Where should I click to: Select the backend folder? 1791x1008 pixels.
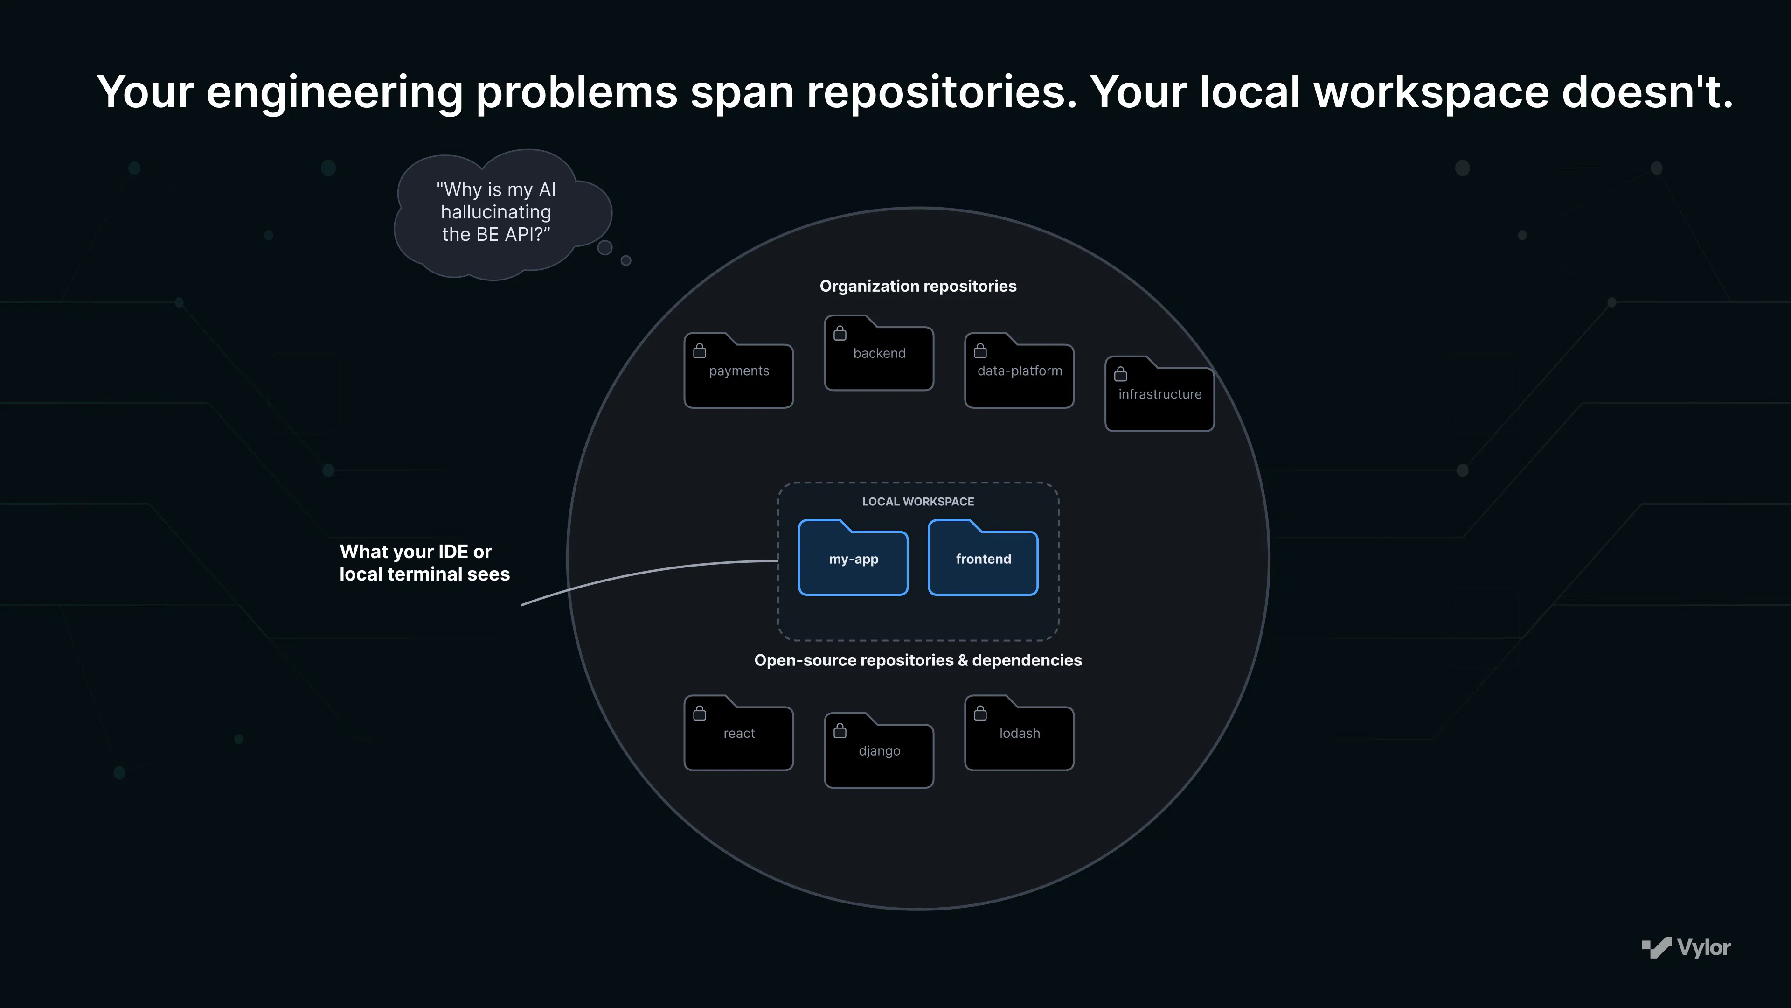[x=879, y=353]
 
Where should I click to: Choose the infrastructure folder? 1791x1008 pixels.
[x=1159, y=394]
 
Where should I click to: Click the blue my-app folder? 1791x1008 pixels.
[x=853, y=558]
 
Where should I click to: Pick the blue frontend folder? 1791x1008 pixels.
[x=983, y=558]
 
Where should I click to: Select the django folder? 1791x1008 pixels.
[x=879, y=750]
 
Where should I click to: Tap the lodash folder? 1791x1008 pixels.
[x=1019, y=733]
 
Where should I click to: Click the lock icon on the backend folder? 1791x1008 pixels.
[x=840, y=333]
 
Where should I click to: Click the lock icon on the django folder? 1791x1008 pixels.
[x=840, y=730]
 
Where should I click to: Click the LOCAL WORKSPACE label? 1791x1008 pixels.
[x=918, y=502]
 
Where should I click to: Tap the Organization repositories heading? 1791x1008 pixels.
[x=918, y=286]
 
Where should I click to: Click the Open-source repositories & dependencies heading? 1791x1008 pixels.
[x=918, y=660]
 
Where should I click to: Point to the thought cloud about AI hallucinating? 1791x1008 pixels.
[x=502, y=214]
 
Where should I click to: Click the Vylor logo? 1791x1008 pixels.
[x=1686, y=947]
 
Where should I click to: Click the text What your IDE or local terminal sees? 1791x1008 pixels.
[x=424, y=563]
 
